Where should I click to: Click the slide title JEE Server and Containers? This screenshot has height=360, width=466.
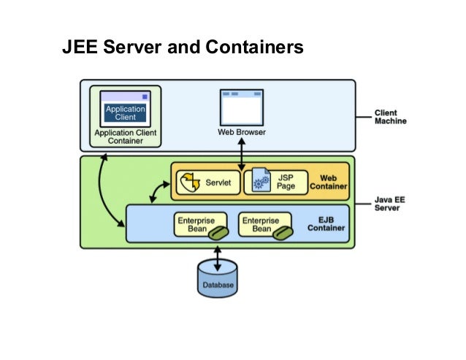coord(183,48)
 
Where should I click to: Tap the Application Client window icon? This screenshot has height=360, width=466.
coord(126,107)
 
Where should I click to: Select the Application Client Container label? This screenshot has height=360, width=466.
coord(126,137)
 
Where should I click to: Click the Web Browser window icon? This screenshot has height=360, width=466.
coord(241,107)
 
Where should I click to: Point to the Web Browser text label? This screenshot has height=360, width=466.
coord(242,132)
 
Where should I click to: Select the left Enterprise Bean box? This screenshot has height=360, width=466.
coord(201,224)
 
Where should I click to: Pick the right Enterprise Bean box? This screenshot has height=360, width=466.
coord(267,224)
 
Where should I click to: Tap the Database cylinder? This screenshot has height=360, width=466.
coord(217,278)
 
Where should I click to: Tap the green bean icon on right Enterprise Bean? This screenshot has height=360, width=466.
coord(284,232)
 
